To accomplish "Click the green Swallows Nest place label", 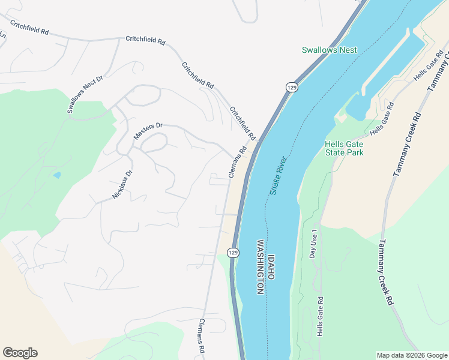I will point(330,50).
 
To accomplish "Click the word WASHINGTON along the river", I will point(261,267).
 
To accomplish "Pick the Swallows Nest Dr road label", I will point(85,94).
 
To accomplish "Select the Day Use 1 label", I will point(313,244).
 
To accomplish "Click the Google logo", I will point(20,353).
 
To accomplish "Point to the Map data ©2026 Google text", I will point(412,355).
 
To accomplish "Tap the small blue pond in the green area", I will point(56,175).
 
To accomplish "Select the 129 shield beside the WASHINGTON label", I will point(233,253).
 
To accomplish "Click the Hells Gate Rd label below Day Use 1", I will point(321,316).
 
